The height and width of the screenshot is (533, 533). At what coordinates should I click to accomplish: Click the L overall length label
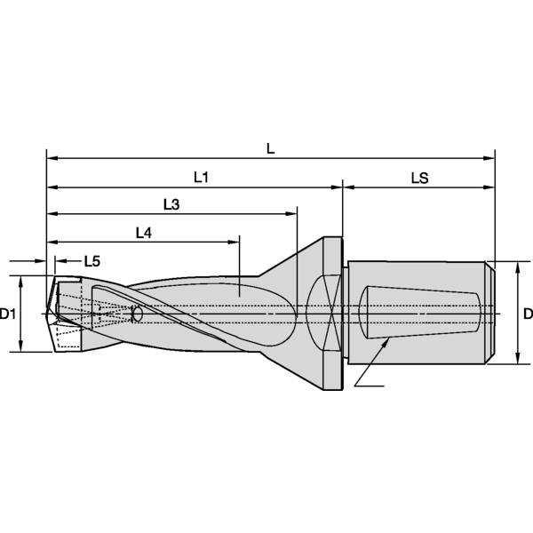pyautogui.click(x=270, y=150)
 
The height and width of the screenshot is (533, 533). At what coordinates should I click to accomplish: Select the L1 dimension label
pyautogui.click(x=201, y=178)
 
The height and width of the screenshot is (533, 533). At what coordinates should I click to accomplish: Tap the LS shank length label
pyautogui.click(x=419, y=178)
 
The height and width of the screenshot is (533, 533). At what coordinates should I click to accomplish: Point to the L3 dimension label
pyautogui.click(x=171, y=204)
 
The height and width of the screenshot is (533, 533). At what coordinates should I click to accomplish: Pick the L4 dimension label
pyautogui.click(x=143, y=233)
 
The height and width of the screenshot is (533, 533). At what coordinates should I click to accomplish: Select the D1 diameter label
pyautogui.click(x=9, y=314)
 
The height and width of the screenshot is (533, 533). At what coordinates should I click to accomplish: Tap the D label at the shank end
pyautogui.click(x=527, y=313)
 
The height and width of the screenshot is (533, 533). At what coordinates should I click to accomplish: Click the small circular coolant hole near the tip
pyautogui.click(x=137, y=314)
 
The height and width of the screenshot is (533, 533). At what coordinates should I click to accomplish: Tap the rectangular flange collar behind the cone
pyautogui.click(x=331, y=313)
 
